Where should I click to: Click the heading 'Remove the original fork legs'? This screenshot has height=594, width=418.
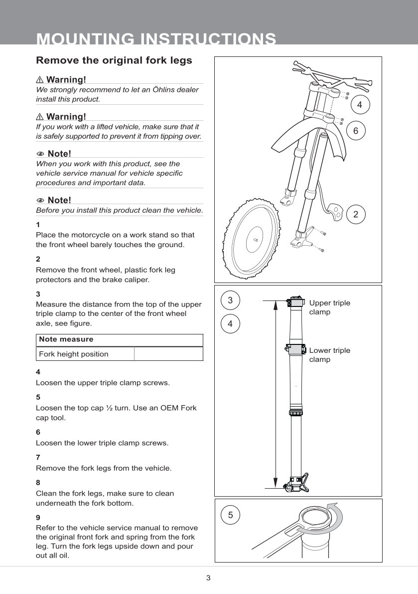(x=114, y=61)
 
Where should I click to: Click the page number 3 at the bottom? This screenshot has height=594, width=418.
(x=208, y=578)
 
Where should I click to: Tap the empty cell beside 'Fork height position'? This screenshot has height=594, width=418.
(x=168, y=354)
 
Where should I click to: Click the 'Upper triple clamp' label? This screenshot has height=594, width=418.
(x=329, y=307)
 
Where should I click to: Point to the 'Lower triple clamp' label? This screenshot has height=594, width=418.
(x=329, y=355)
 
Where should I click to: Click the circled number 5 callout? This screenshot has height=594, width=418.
(x=230, y=515)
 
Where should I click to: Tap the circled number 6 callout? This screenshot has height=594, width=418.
(x=356, y=131)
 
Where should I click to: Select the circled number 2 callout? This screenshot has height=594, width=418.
(x=356, y=214)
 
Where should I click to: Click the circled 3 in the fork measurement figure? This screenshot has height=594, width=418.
(x=230, y=300)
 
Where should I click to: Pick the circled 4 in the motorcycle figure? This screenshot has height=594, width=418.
(x=360, y=105)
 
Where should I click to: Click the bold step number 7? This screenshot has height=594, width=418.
(x=38, y=457)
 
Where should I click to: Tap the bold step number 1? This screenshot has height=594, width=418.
(x=38, y=224)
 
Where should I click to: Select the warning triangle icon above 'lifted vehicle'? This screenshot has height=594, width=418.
(x=40, y=117)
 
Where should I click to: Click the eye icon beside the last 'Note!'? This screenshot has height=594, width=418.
(x=40, y=201)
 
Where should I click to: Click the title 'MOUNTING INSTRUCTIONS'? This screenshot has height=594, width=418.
(x=156, y=39)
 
